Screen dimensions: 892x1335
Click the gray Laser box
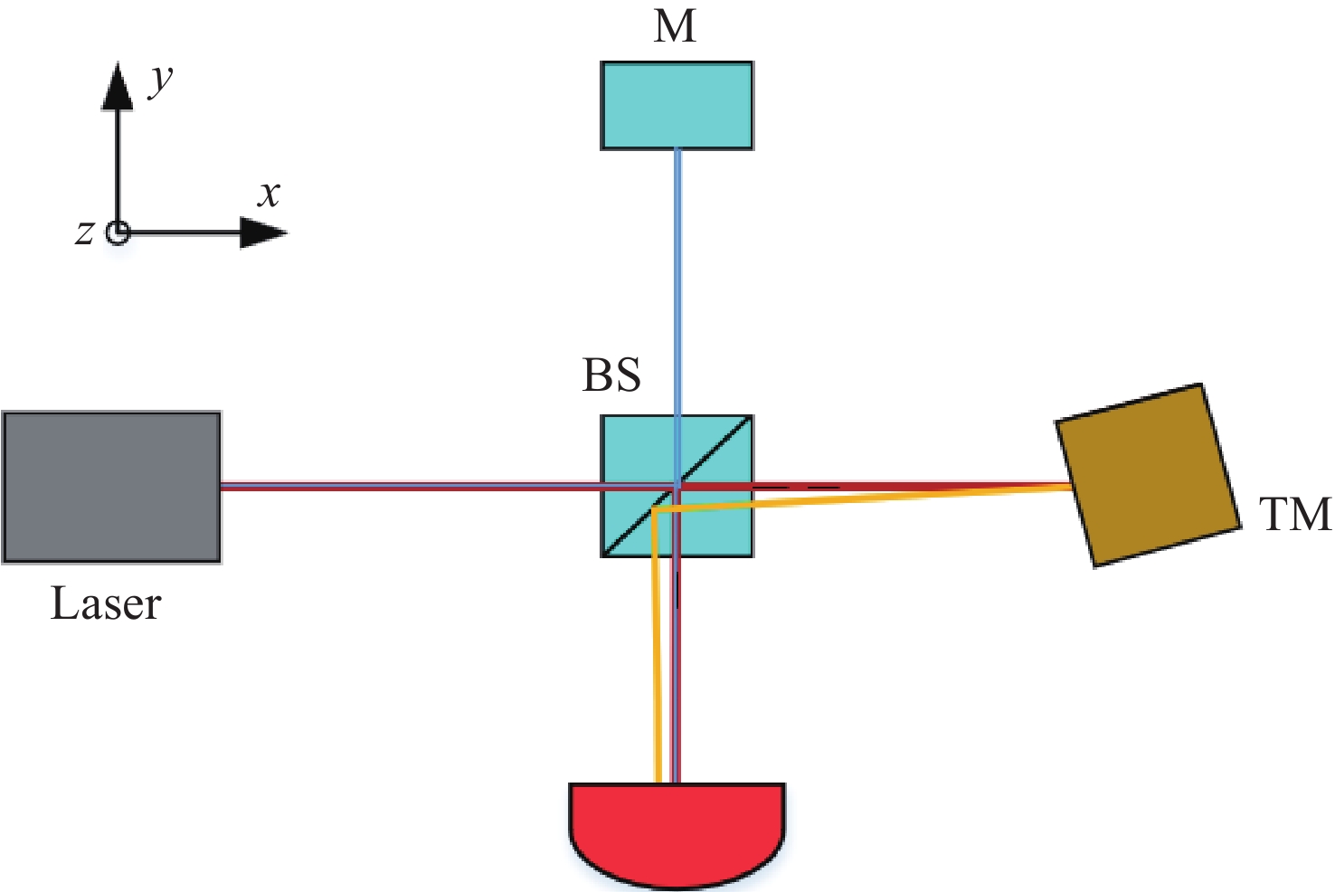click(111, 487)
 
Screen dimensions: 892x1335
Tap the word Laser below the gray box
click(106, 604)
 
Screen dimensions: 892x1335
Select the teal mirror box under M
click(677, 105)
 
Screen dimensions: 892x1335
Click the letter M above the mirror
click(676, 26)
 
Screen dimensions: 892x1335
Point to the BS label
click(611, 375)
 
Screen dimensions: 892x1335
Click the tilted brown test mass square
click(1149, 475)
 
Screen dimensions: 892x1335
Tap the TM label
click(1295, 515)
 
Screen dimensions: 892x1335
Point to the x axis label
click(269, 195)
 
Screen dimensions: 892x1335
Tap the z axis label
click(84, 232)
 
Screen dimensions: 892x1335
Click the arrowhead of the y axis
click(118, 86)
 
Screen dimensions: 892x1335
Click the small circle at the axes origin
click(118, 232)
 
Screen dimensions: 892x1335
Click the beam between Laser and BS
click(407, 487)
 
